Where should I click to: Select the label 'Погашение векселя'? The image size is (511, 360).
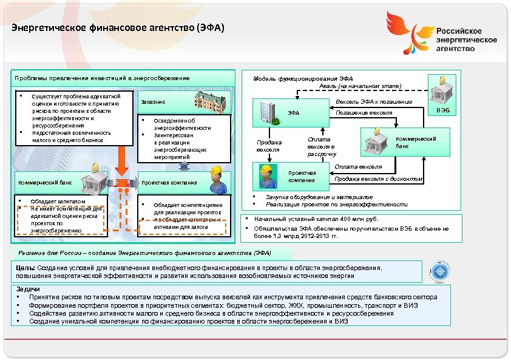pyautogui.click(x=364, y=113)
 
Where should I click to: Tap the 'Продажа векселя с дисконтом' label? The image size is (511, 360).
pyautogui.click(x=379, y=178)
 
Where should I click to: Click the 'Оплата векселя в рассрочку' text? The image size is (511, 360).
pyautogui.click(x=321, y=146)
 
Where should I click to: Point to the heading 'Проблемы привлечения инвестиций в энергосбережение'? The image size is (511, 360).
pyautogui.click(x=102, y=78)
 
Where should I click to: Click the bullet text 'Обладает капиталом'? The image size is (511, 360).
pyautogui.click(x=58, y=201)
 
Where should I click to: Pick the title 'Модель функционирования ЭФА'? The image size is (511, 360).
pyautogui.click(x=302, y=78)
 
